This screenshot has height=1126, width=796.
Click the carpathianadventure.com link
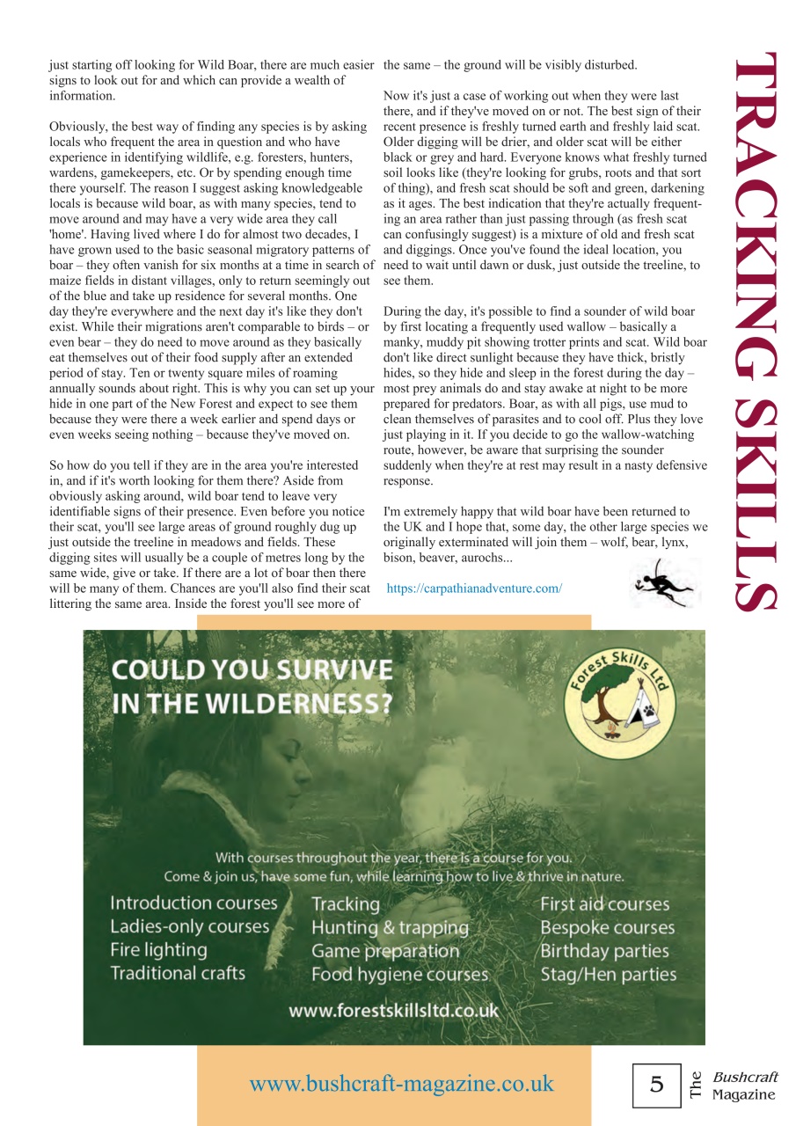(474, 588)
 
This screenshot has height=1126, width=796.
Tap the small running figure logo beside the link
(664, 583)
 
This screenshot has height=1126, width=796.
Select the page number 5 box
(656, 1085)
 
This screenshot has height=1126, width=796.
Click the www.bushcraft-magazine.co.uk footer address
(401, 1083)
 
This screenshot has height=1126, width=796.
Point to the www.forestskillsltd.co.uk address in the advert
(393, 1010)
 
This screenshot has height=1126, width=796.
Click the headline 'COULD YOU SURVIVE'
(252, 670)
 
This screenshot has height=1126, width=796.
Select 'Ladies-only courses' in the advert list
(189, 926)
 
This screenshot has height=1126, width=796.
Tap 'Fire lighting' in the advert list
(158, 950)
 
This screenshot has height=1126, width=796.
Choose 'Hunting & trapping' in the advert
(390, 927)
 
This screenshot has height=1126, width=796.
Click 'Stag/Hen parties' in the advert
(608, 974)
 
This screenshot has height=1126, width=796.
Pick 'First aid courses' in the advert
(604, 903)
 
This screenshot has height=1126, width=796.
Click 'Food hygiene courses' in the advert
(399, 974)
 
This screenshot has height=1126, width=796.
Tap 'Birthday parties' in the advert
(604, 951)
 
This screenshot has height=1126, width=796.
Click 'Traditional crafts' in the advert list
(178, 973)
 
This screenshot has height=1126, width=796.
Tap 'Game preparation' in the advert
(385, 951)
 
